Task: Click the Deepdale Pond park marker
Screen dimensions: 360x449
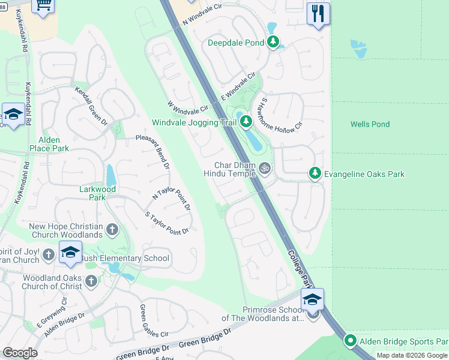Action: click(274, 42)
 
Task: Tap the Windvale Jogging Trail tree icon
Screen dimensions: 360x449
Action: click(246, 122)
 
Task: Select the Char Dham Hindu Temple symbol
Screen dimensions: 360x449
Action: click(265, 170)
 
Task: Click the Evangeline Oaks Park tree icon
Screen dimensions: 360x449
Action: click(315, 173)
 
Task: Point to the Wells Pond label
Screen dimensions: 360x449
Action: click(370, 124)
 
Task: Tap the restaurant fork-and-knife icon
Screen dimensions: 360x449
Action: click(318, 13)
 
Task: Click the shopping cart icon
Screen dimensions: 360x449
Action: click(43, 5)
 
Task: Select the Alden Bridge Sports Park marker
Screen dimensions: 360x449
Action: click(351, 341)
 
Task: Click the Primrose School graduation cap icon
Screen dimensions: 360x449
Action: click(312, 300)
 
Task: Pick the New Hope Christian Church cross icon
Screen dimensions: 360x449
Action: click(112, 229)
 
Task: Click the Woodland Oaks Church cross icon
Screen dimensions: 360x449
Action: click(91, 281)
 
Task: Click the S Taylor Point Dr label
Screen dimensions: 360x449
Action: click(167, 223)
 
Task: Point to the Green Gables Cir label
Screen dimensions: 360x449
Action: click(154, 321)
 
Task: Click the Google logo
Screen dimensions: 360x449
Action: click(20, 353)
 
